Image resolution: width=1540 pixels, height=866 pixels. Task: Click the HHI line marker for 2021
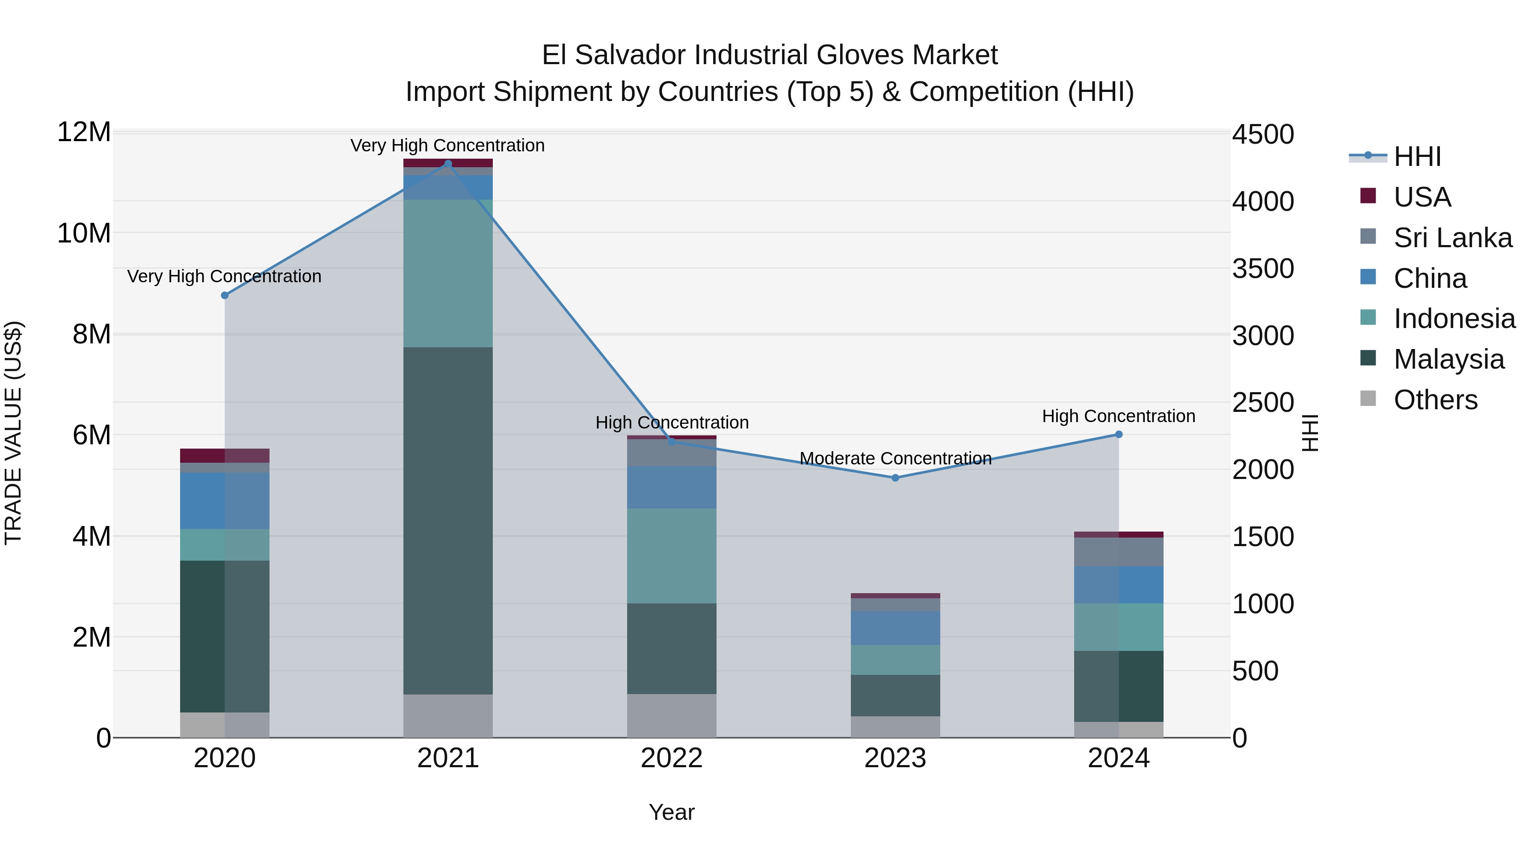pyautogui.click(x=448, y=164)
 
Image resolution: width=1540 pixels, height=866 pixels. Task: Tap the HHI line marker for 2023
pyautogui.click(x=895, y=478)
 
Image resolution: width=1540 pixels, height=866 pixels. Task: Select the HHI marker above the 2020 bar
pyautogui.click(x=225, y=295)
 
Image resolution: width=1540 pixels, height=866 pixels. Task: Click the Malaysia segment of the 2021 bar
pyautogui.click(x=448, y=520)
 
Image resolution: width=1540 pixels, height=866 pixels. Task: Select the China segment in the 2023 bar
pyautogui.click(x=895, y=627)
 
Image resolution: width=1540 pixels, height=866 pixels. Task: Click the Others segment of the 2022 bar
pyautogui.click(x=671, y=715)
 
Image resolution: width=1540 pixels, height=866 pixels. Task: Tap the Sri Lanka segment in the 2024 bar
pyautogui.click(x=1119, y=552)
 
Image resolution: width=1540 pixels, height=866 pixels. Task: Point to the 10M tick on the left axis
pyautogui.click(x=84, y=233)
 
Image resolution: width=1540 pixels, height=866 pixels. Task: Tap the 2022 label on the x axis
pyautogui.click(x=671, y=758)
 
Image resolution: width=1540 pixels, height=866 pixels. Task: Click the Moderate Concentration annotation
pyautogui.click(x=895, y=458)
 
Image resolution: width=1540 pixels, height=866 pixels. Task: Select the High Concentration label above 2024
pyautogui.click(x=1119, y=416)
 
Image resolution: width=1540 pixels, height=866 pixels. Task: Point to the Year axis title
pyautogui.click(x=671, y=812)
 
